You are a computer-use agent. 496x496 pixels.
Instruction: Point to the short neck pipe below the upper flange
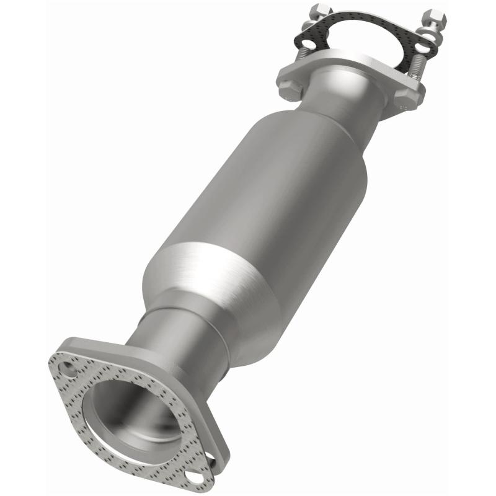(344, 102)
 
